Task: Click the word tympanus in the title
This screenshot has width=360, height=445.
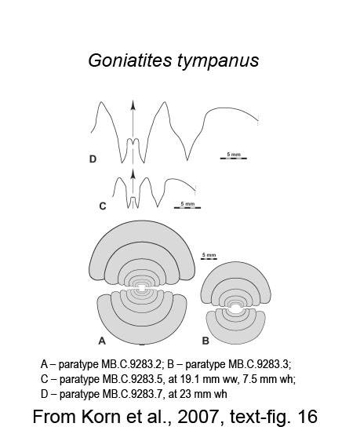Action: (x=218, y=61)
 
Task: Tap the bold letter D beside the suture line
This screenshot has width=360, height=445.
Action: (x=93, y=159)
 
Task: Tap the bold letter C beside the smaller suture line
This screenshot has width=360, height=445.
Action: (x=103, y=206)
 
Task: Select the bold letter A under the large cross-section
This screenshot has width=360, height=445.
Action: (x=102, y=341)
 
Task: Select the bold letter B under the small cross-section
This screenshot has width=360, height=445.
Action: (x=205, y=341)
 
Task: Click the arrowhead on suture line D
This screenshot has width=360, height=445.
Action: (x=133, y=105)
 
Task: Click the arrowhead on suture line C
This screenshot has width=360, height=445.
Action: (x=133, y=173)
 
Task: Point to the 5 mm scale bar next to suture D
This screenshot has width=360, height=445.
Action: (x=234, y=158)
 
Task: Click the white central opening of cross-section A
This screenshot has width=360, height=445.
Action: (x=142, y=289)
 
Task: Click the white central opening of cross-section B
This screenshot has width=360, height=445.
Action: (x=235, y=308)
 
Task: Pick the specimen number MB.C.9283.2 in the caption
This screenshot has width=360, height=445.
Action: (x=131, y=364)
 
